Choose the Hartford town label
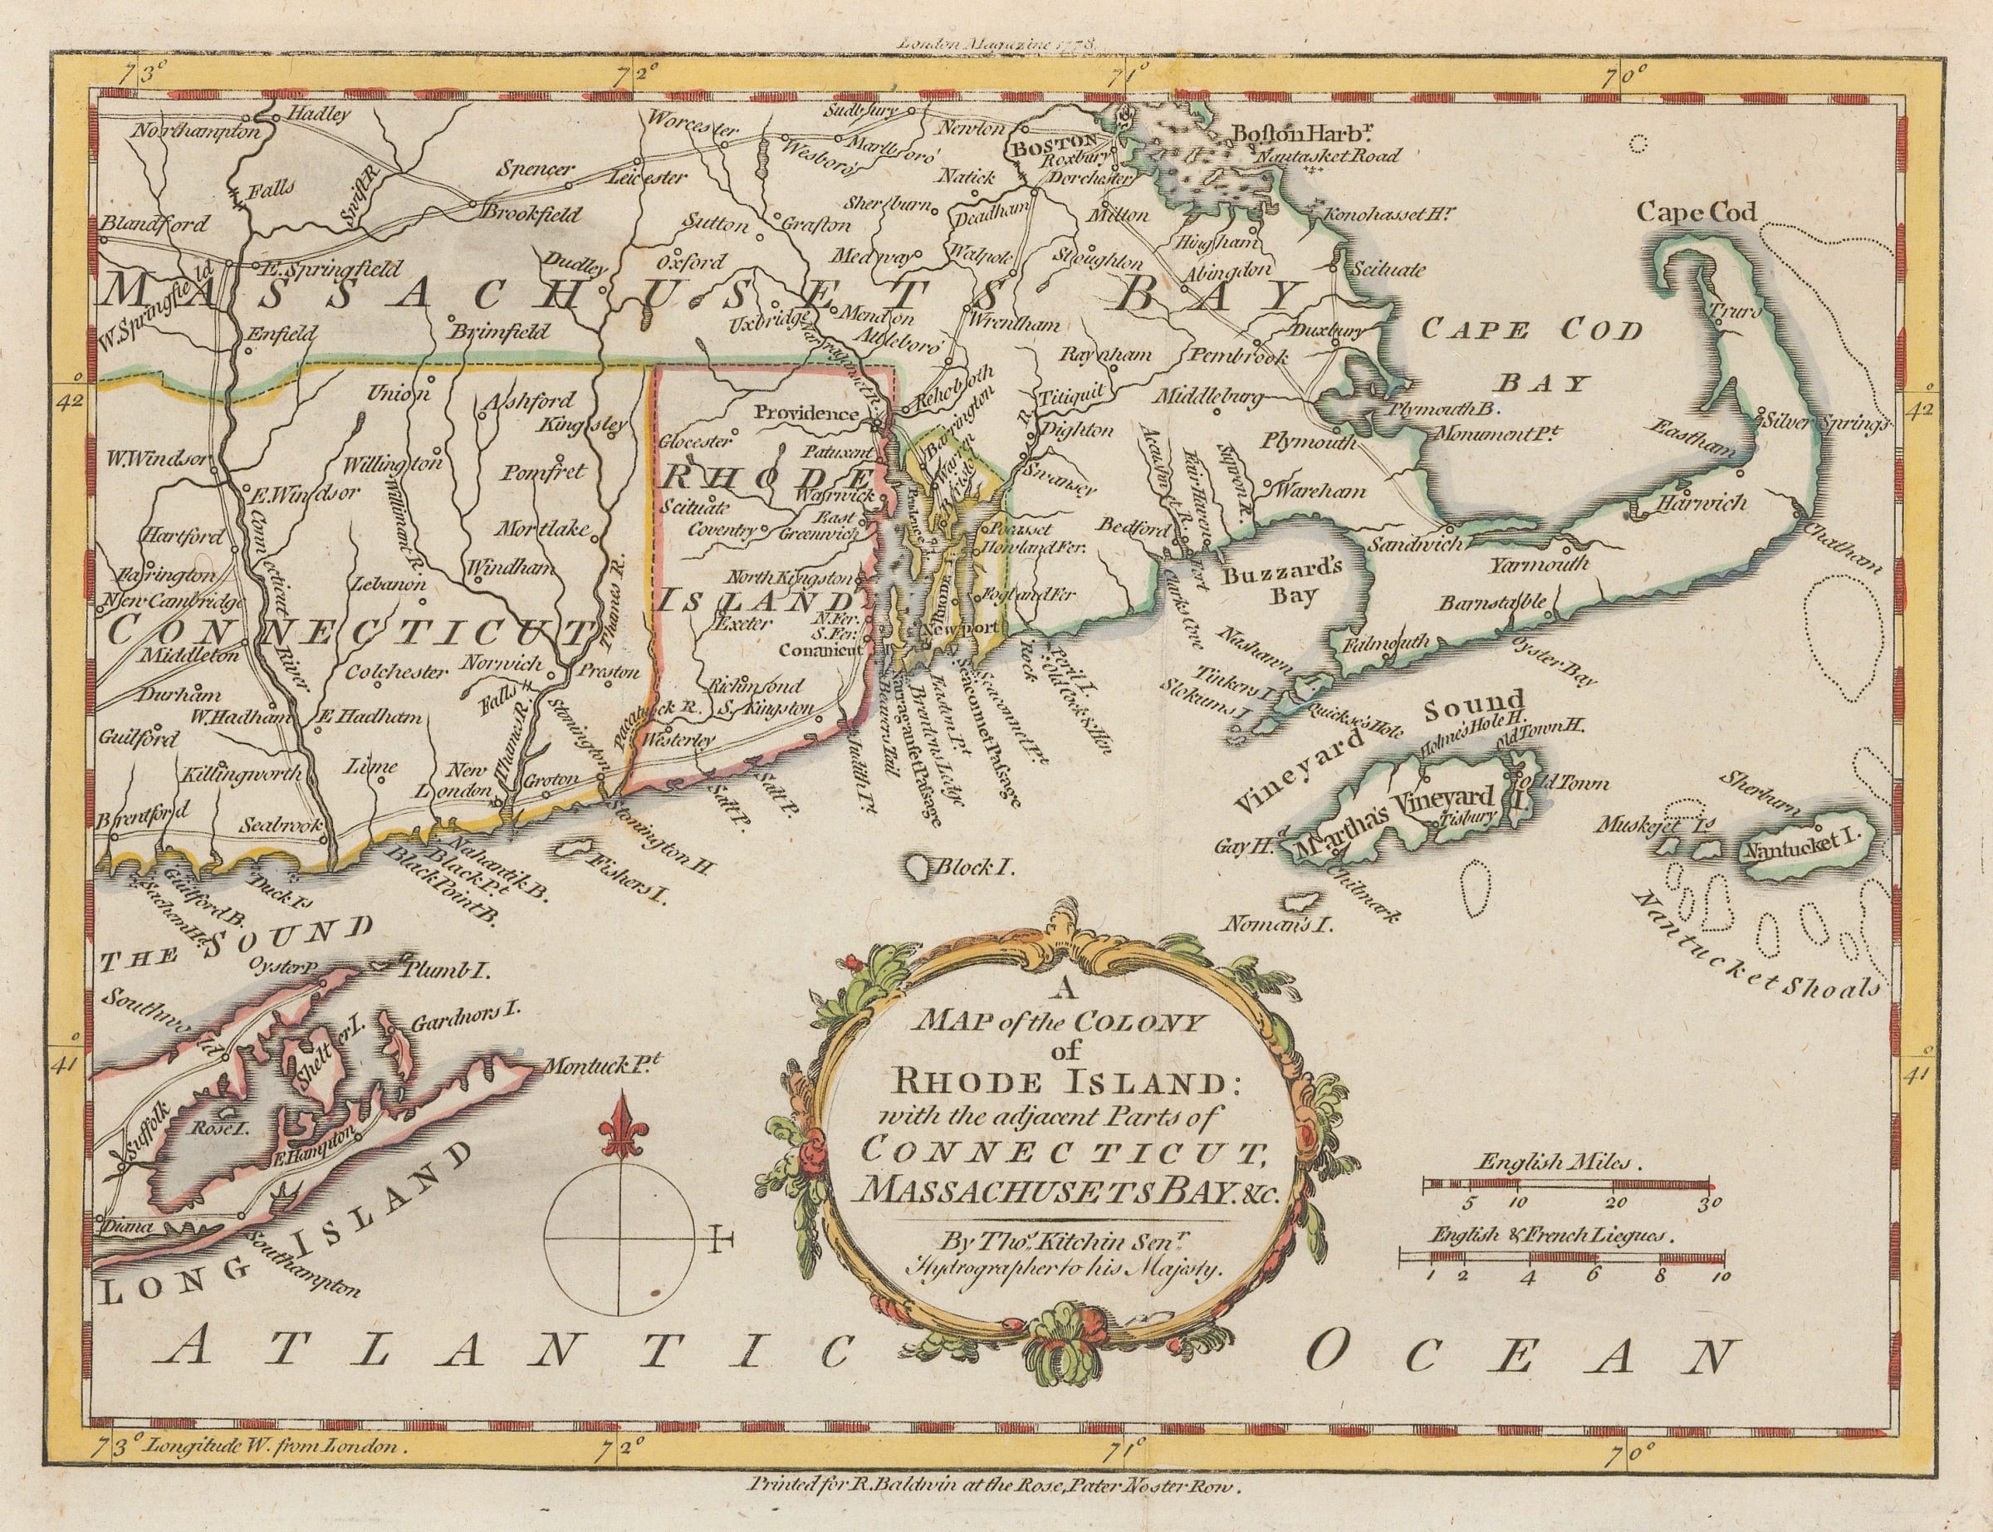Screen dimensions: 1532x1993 coord(183,536)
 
